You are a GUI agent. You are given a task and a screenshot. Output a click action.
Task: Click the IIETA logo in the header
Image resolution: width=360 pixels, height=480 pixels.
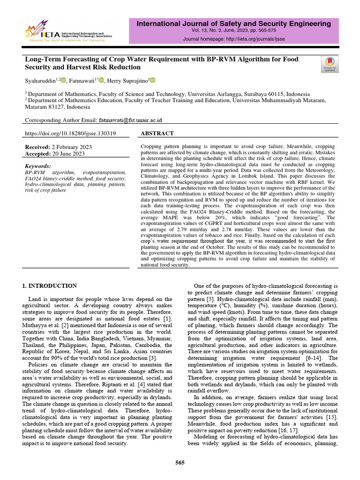(66, 31)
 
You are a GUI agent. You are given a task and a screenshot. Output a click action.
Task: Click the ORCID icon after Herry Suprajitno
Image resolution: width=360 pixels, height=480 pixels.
(152, 80)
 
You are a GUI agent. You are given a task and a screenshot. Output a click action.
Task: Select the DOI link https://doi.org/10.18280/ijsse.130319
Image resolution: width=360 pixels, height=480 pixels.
(70, 134)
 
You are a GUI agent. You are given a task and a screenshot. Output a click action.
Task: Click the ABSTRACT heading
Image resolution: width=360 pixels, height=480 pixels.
(157, 134)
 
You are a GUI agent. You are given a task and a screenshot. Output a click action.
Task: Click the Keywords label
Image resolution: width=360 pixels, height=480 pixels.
(38, 166)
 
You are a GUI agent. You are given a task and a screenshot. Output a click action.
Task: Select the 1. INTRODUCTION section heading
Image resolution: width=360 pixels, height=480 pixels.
(51, 285)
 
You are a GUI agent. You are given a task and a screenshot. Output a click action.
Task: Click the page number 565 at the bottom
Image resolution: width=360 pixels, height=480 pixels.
(180, 463)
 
